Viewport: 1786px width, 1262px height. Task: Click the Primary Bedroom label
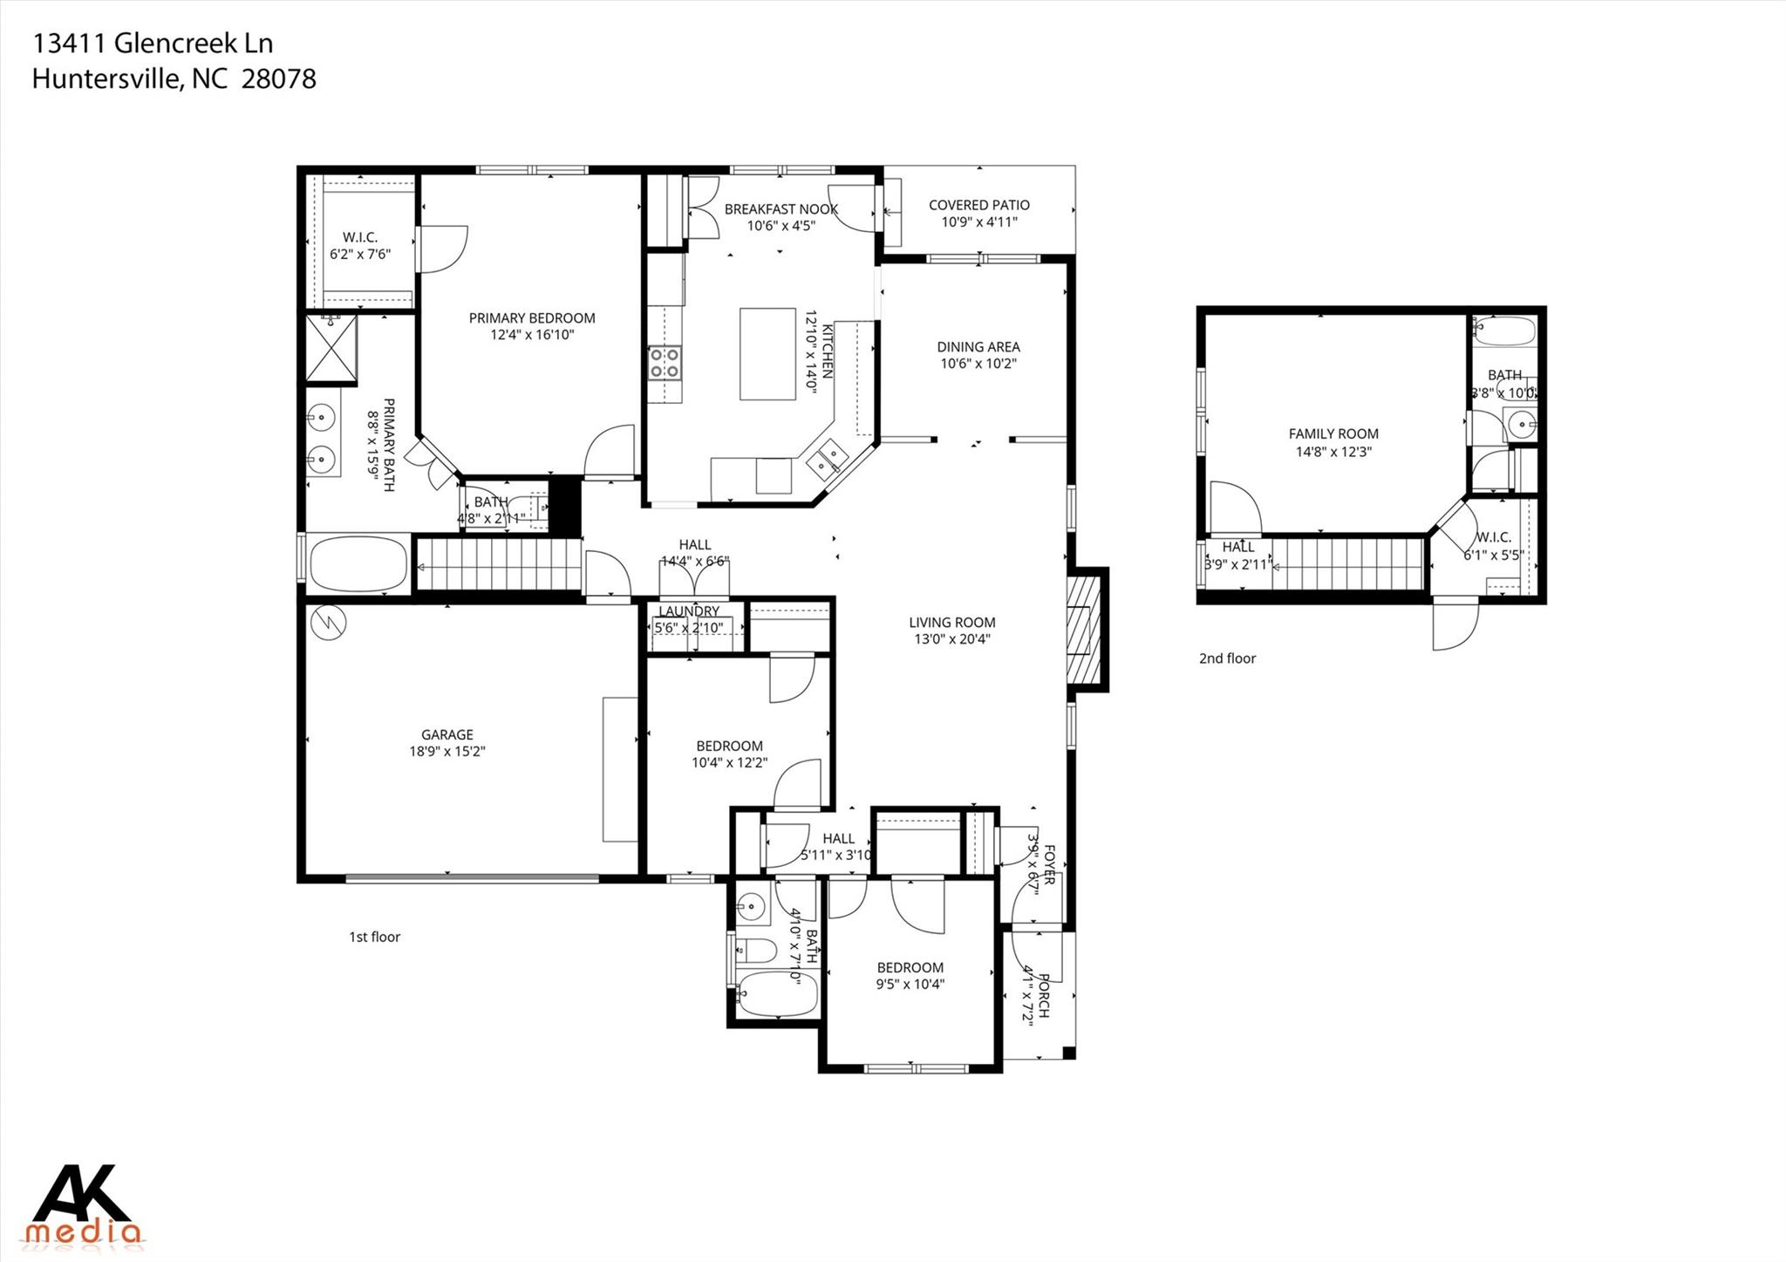(532, 318)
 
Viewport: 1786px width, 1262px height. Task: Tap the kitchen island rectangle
(767, 353)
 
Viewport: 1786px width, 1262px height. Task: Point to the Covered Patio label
(978, 205)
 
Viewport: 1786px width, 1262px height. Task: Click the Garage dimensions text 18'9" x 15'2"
(447, 751)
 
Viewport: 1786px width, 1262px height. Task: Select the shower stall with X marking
(331, 349)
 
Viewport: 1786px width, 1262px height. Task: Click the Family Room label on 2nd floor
(1333, 433)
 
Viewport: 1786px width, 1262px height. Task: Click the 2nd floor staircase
(1347, 564)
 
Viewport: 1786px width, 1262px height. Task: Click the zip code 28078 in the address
(278, 79)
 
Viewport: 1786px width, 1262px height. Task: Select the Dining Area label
(978, 347)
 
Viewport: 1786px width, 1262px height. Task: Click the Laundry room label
(689, 611)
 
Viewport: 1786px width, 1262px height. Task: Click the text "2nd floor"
(1227, 658)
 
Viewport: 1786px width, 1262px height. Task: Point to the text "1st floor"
(374, 937)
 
